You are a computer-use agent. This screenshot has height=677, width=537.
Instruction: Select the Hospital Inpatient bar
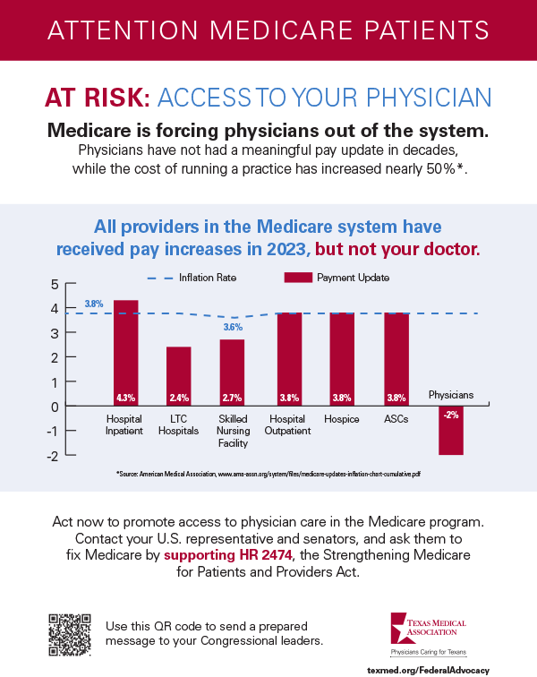tap(125, 353)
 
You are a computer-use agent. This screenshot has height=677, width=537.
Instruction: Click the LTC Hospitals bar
tap(178, 376)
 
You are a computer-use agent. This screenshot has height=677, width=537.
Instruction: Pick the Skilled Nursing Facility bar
tap(232, 373)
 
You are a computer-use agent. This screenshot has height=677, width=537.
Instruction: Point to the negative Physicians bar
tap(450, 431)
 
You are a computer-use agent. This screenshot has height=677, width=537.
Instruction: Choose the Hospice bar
tap(342, 359)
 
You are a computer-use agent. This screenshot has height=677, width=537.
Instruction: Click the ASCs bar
tap(396, 359)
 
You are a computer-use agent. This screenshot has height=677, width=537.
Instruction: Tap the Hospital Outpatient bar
tap(288, 359)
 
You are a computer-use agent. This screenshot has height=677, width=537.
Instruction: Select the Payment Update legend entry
tap(337, 278)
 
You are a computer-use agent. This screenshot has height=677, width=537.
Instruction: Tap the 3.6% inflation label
tap(233, 328)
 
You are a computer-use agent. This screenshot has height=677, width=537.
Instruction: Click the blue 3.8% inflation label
tap(94, 304)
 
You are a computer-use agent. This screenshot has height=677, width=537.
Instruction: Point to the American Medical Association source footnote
tap(268, 473)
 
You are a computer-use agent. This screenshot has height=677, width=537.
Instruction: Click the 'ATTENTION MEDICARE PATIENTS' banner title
tap(268, 29)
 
